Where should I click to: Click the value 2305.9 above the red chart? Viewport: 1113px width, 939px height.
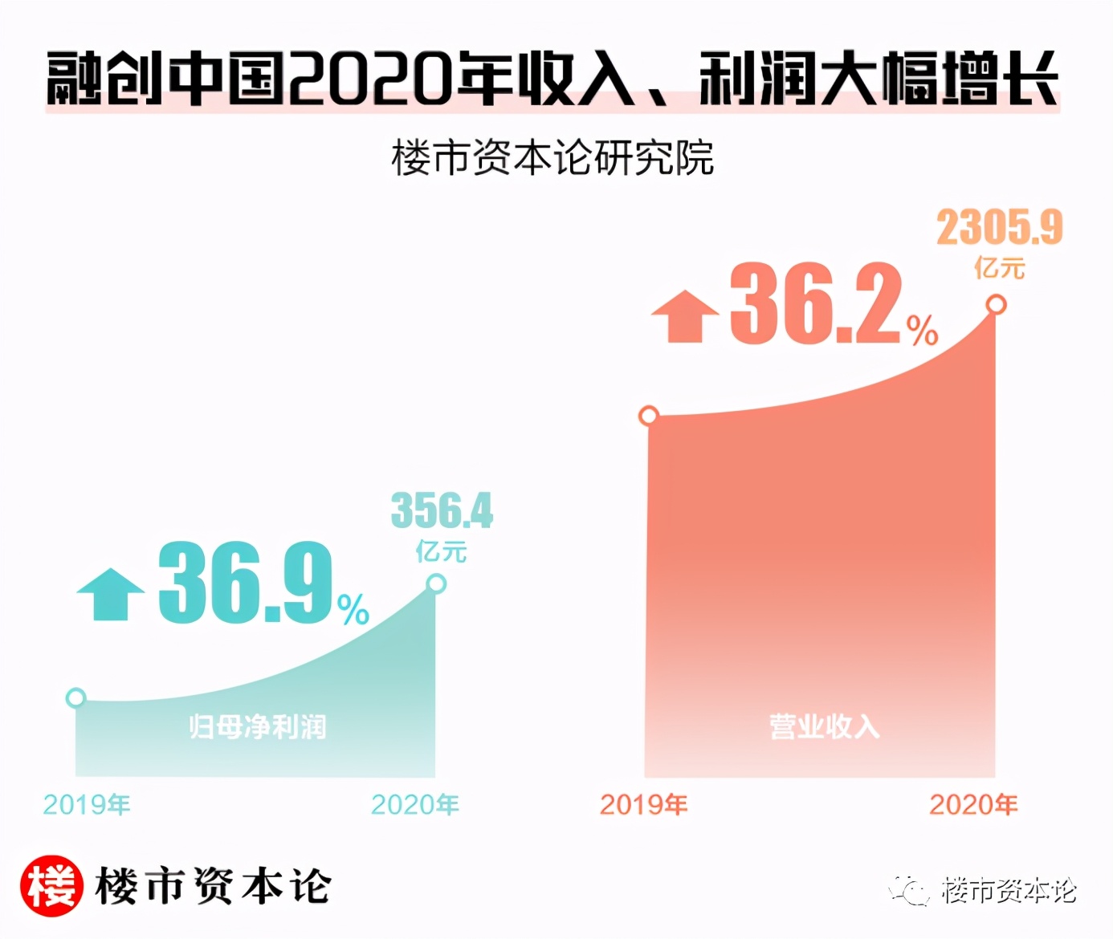point(999,227)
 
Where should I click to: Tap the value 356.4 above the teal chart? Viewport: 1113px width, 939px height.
point(442,510)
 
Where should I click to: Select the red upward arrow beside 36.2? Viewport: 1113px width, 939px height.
point(684,316)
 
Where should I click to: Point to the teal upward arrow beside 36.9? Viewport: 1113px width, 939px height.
point(110,594)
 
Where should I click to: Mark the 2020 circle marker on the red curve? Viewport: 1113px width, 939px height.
point(996,305)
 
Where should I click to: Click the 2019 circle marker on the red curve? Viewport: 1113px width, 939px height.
point(649,416)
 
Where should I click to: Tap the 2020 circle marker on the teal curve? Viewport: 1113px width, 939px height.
point(436,583)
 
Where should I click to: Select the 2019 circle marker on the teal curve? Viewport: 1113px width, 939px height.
point(75,697)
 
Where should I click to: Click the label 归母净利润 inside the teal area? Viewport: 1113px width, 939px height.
point(258,726)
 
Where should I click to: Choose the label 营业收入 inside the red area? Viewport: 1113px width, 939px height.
point(824,726)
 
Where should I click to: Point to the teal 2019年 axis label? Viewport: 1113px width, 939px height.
point(87,804)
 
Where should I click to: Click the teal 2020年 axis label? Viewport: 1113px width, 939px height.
point(414,804)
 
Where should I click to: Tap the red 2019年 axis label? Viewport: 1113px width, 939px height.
point(643,804)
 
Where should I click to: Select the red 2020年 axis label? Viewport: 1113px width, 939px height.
point(973,804)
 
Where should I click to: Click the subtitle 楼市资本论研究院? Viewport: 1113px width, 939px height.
point(552,157)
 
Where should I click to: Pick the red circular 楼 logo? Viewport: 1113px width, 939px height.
point(51,886)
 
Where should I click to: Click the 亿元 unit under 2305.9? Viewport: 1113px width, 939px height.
point(1000,267)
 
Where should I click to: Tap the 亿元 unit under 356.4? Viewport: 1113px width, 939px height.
point(441,551)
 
